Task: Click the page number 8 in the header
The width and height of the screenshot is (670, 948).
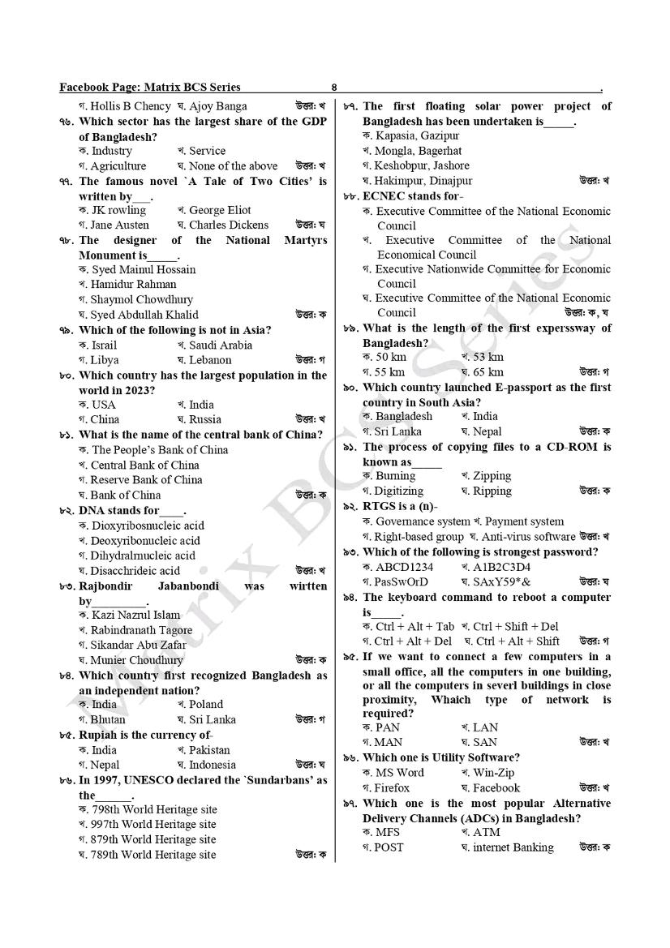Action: click(x=334, y=88)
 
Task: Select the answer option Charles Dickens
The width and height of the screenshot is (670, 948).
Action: click(x=228, y=225)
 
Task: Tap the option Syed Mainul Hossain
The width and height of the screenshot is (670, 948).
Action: click(x=144, y=269)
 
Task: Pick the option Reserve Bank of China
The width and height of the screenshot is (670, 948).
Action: click(x=146, y=480)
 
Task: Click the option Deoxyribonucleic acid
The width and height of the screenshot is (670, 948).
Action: click(x=145, y=541)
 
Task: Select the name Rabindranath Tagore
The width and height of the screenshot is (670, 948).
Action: click(x=141, y=630)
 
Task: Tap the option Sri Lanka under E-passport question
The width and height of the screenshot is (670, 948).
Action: click(x=398, y=431)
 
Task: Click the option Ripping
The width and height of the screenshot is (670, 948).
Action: click(x=492, y=491)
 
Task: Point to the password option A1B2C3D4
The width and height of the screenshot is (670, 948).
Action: click(x=501, y=567)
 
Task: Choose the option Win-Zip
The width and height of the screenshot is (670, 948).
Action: click(x=493, y=773)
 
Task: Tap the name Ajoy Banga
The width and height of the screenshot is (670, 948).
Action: click(x=218, y=106)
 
